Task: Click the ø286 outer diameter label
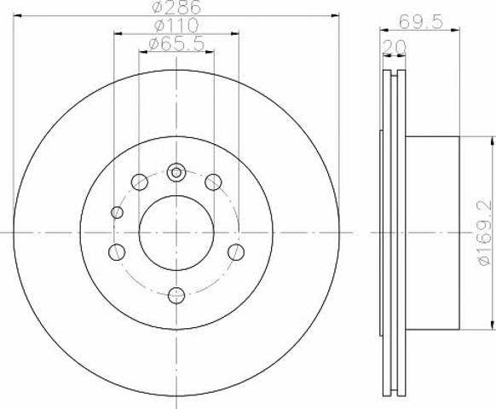176,7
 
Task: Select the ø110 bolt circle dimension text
176,26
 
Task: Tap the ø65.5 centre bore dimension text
176,44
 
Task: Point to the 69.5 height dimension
420,22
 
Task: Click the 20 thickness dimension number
394,47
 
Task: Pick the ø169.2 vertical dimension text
484,233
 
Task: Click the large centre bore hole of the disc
176,233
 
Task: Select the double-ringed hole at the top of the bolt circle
176,172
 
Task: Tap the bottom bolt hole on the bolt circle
176,296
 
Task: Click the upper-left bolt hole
140,181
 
